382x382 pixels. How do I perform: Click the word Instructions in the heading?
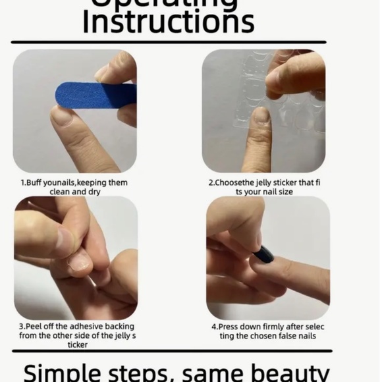[x=168, y=21]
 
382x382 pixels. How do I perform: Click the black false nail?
[x=263, y=254]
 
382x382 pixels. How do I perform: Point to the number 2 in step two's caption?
[x=211, y=182]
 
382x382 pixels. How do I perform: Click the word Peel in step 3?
[x=38, y=326]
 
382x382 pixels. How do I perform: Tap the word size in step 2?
[x=285, y=192]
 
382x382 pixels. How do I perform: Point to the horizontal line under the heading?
[x=168, y=42]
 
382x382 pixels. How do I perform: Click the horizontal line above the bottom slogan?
[x=168, y=351]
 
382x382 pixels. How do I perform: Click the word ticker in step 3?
[x=77, y=344]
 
